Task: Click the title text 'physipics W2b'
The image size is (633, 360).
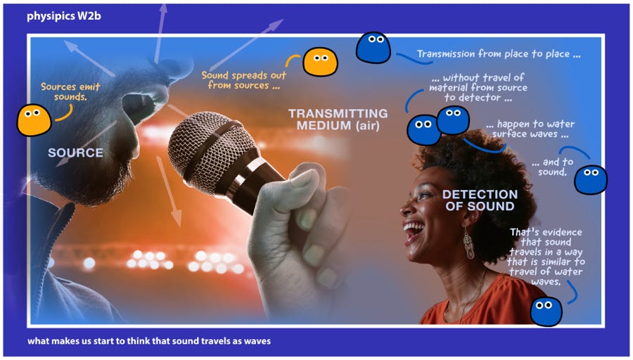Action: pos(64,16)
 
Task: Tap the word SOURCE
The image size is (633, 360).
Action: pos(75,153)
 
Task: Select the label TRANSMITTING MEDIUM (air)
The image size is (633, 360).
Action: pos(338,120)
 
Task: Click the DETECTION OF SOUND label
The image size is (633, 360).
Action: pos(480,200)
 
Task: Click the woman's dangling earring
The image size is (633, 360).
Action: pos(468,243)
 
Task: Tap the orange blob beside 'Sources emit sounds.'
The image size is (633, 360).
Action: pos(34,120)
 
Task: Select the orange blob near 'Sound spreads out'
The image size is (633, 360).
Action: pos(320,62)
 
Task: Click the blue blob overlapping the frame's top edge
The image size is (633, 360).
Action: pos(373,48)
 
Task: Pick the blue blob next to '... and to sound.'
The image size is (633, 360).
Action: pos(591,179)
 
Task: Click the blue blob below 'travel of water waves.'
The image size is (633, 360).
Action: pos(546,311)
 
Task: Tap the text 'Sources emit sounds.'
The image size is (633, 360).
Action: pos(70,91)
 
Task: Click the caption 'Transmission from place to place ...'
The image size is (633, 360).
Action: pos(499,54)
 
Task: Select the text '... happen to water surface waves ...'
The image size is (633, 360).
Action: pos(530,129)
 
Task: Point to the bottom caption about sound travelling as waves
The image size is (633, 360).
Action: pos(149,341)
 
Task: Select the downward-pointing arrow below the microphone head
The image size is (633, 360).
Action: pos(169,191)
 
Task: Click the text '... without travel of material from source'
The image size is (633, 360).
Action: pos(478,82)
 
